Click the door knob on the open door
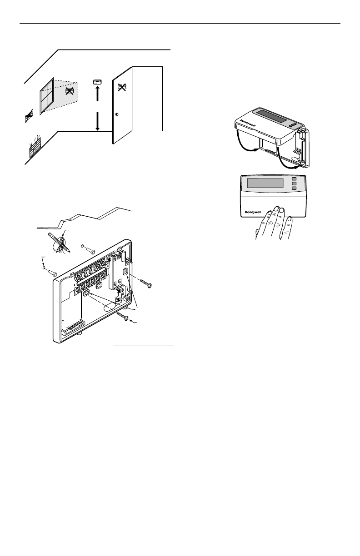[x=117, y=114]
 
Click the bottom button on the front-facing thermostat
[x=295, y=188]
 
